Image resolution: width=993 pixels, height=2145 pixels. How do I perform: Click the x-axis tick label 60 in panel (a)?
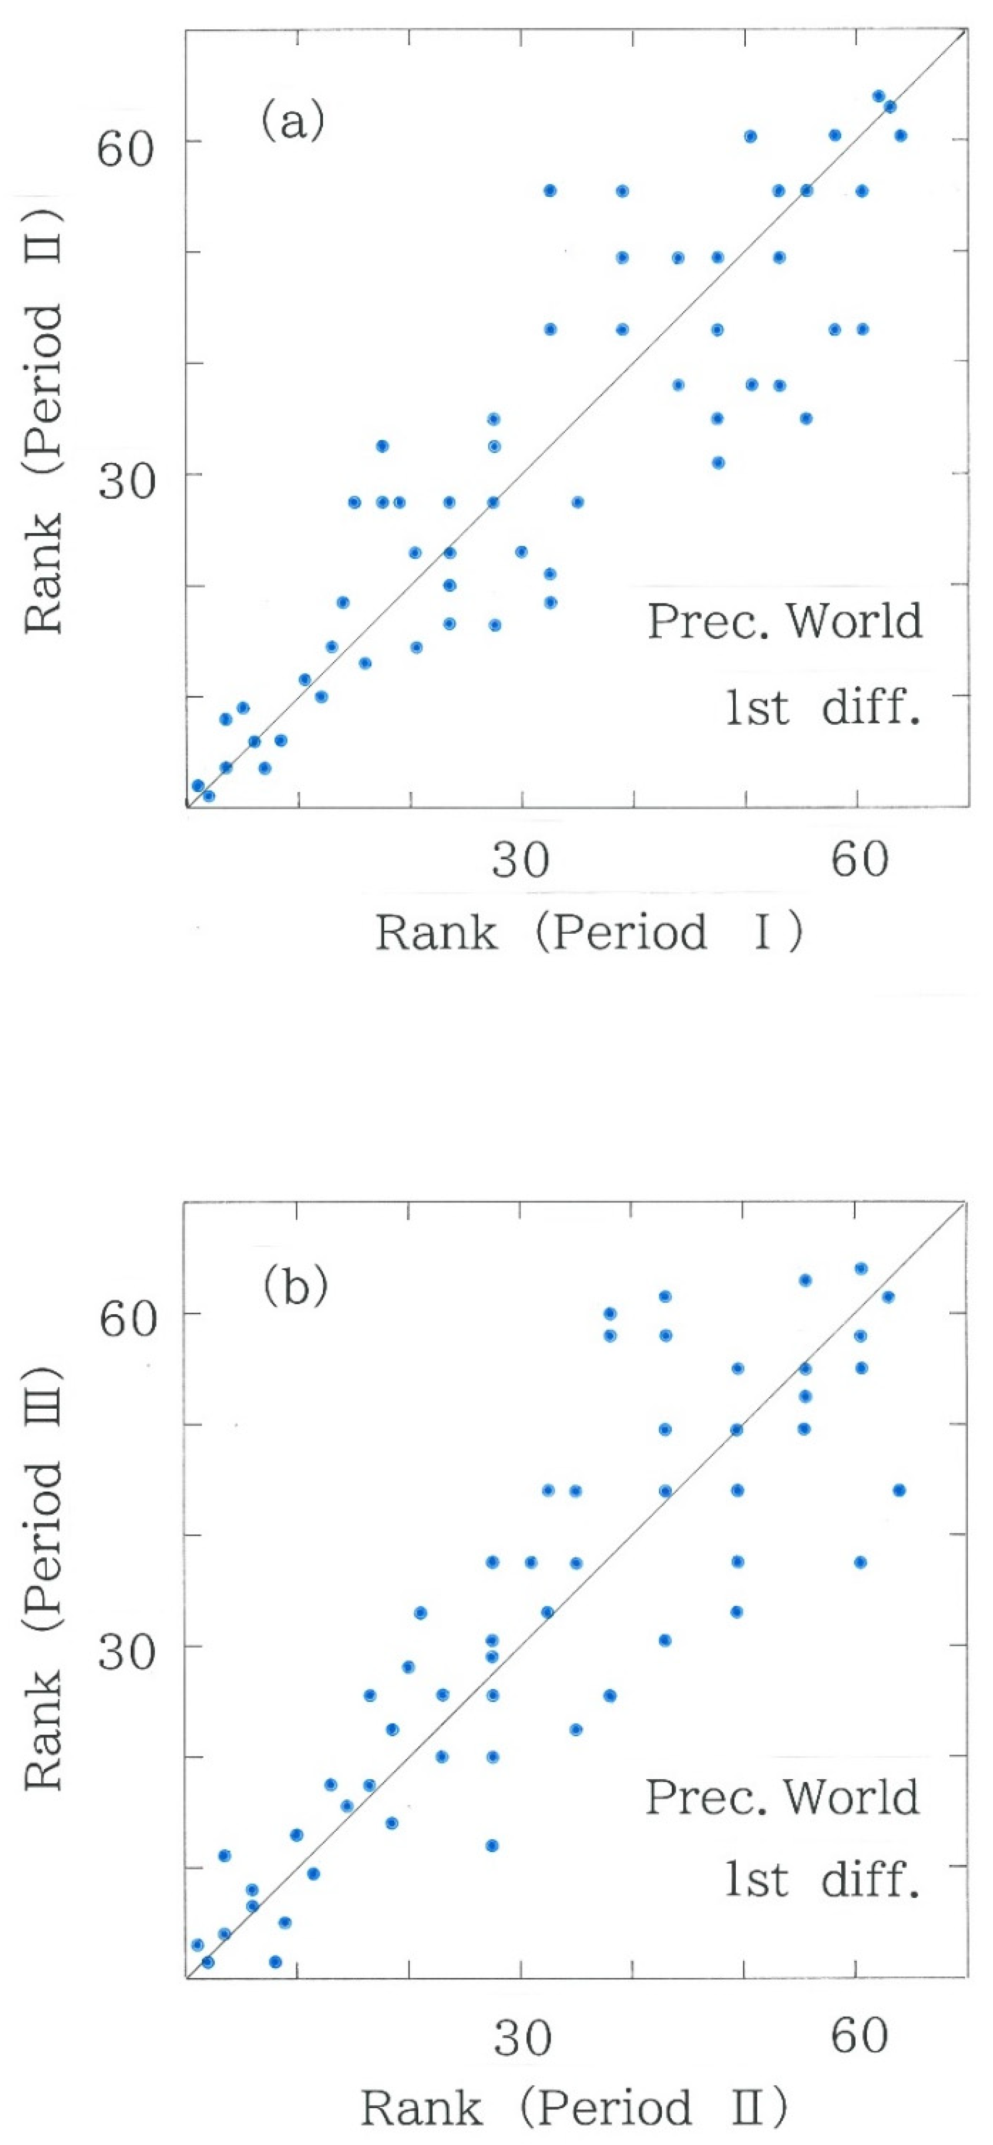pyautogui.click(x=859, y=859)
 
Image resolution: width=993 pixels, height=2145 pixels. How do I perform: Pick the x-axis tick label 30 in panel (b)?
pyautogui.click(x=522, y=2037)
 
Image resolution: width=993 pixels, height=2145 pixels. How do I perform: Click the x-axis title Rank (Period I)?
pyautogui.click(x=588, y=933)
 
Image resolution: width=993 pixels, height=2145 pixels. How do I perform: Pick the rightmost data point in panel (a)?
pyautogui.click(x=900, y=136)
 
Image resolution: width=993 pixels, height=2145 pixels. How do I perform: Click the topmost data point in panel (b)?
pyautogui.click(x=861, y=1269)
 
